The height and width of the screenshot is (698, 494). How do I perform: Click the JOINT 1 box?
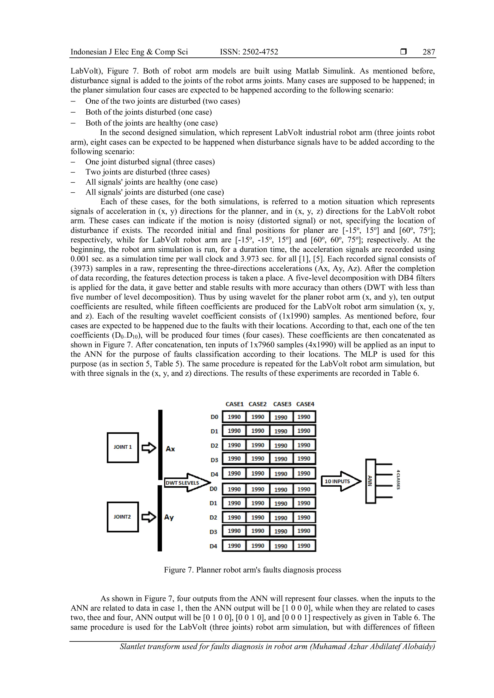coord(123,448)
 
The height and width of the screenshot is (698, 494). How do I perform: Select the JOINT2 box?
coord(123,517)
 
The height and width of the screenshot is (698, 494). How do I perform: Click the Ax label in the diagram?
coord(170,449)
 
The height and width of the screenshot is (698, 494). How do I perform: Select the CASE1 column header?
coord(234,404)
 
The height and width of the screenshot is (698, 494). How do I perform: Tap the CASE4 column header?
coord(305,404)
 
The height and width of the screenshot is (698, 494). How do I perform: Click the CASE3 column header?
coord(282,404)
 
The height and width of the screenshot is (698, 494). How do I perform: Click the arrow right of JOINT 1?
coord(149,448)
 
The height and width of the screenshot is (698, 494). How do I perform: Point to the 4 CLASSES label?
coord(398,479)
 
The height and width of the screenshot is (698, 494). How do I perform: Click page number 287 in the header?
coord(429,52)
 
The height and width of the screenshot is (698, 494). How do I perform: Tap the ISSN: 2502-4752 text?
coord(249,52)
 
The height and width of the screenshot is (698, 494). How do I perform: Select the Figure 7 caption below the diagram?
coord(253,570)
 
